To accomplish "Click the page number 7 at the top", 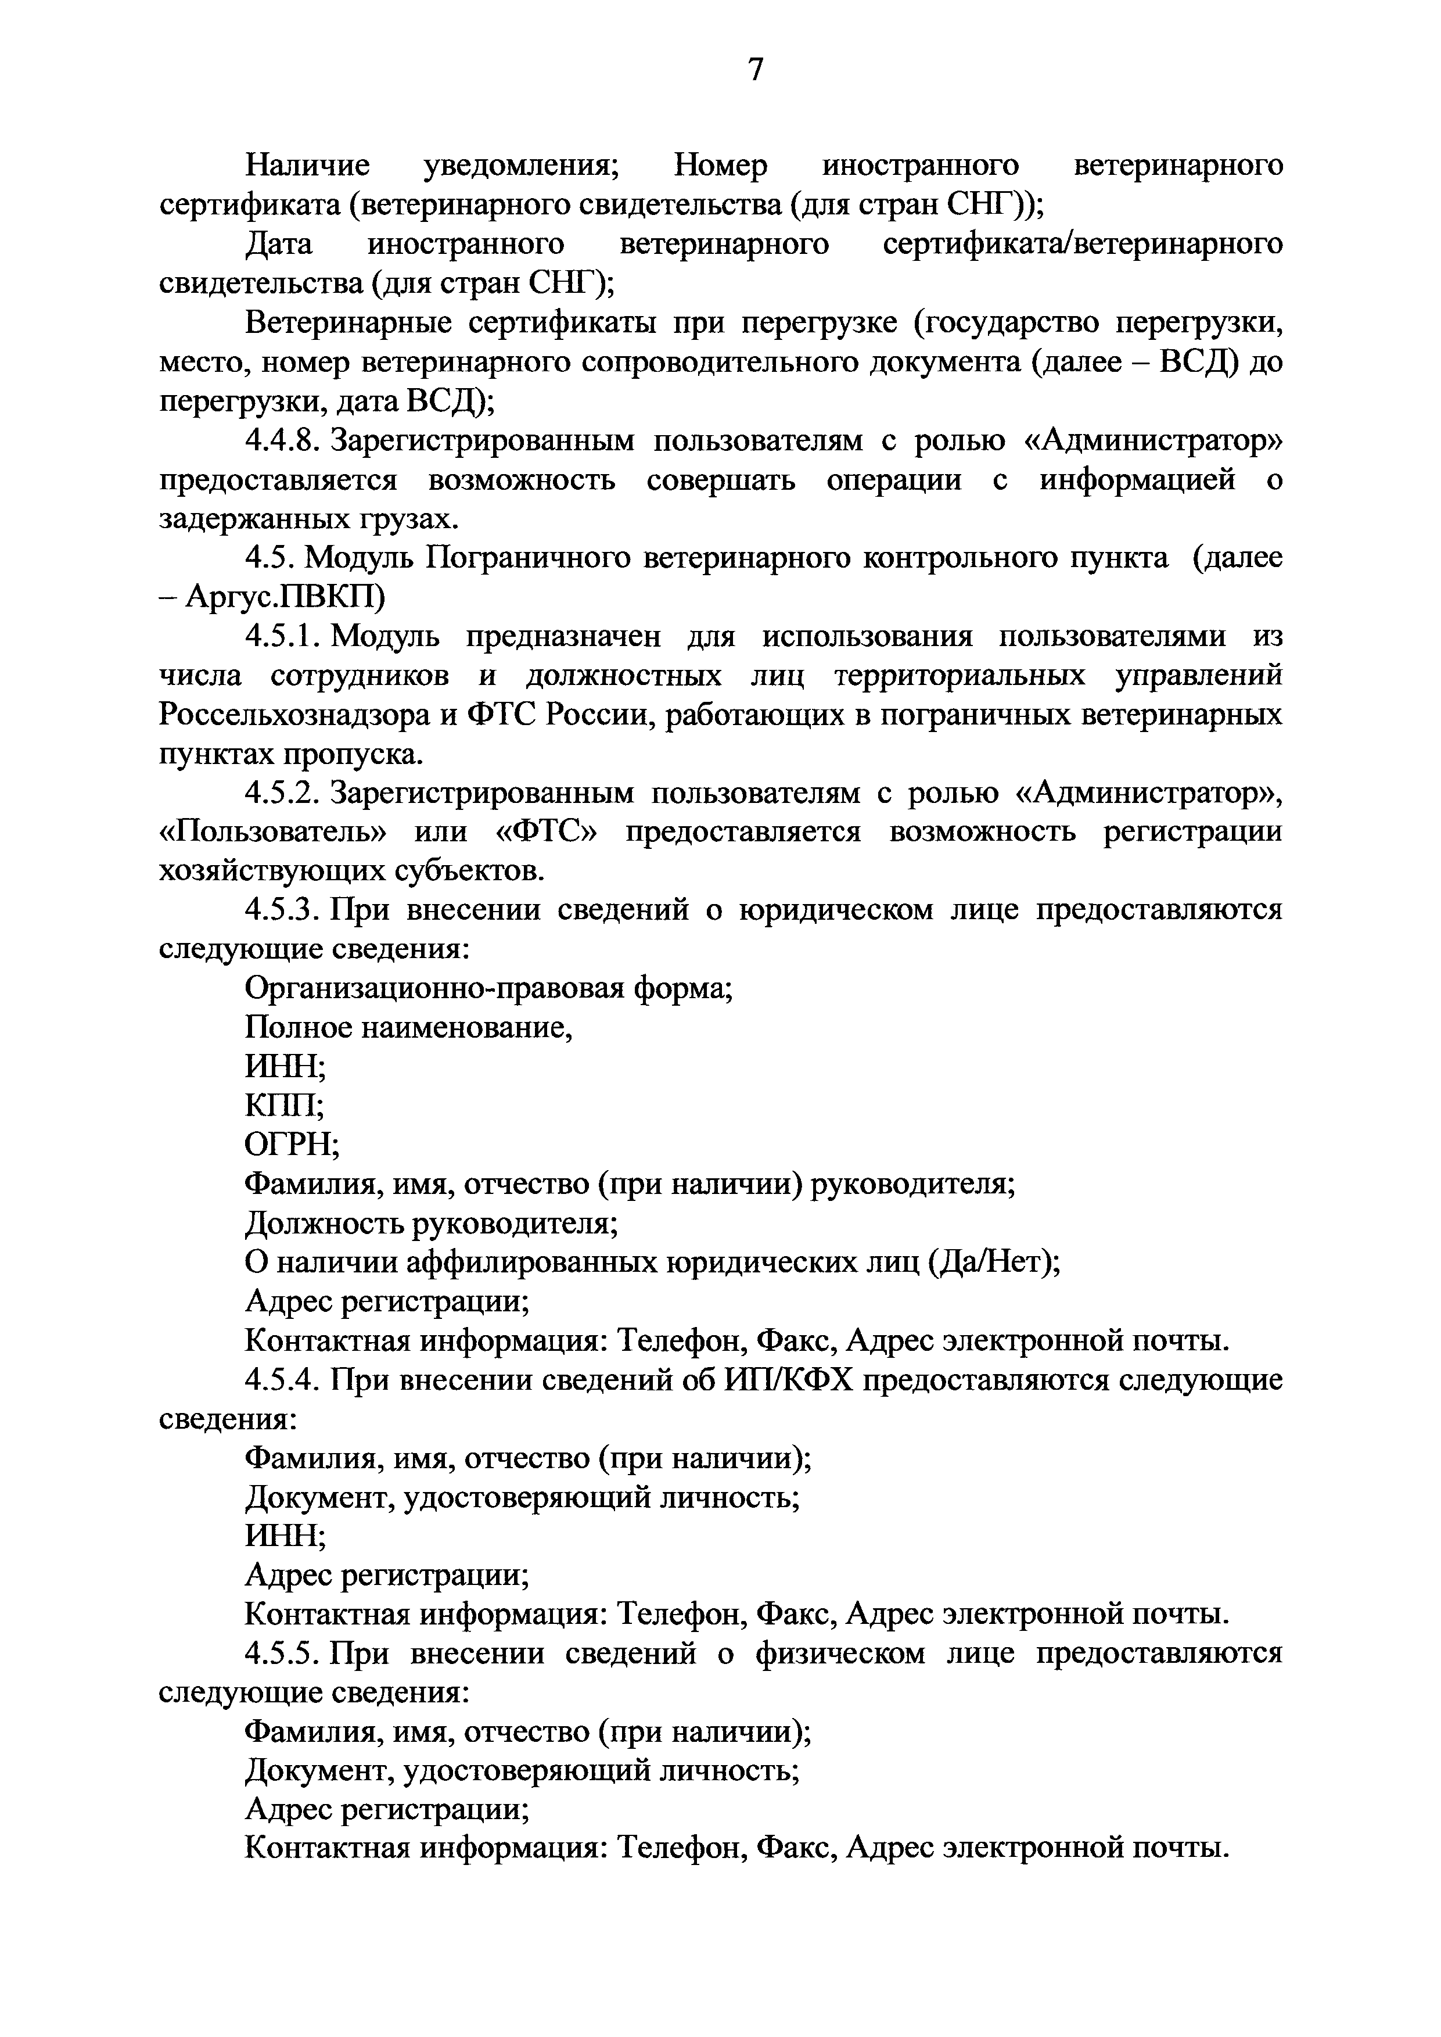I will [755, 69].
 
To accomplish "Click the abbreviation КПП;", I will [284, 1105].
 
